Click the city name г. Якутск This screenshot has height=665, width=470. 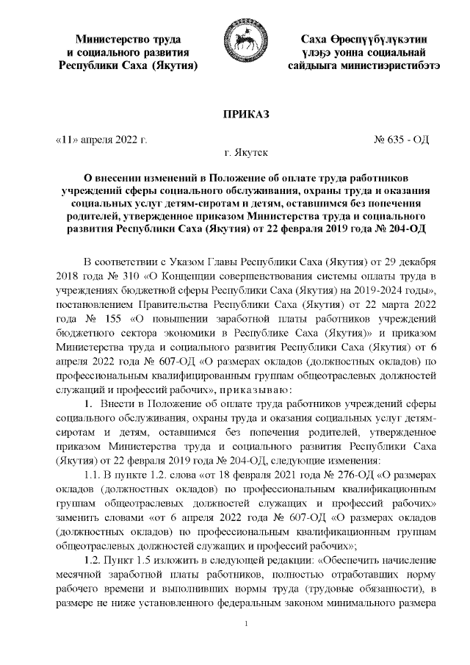pos(236,154)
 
